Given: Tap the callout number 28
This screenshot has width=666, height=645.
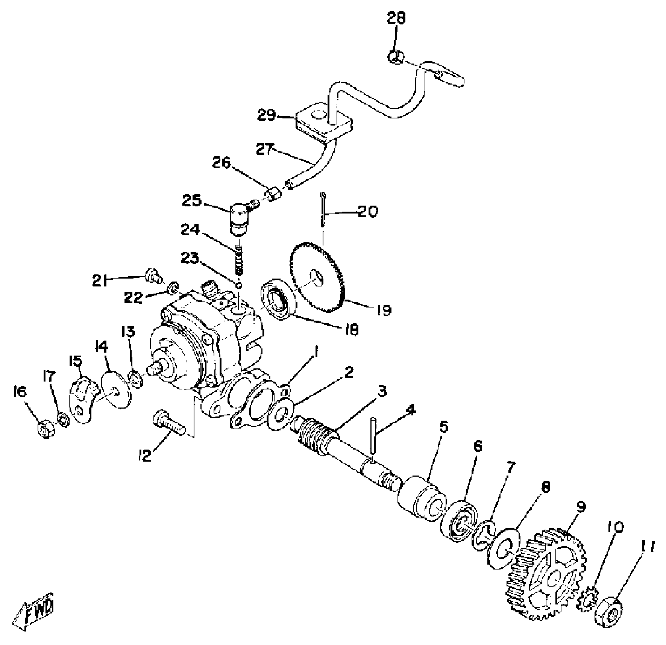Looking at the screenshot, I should pyautogui.click(x=396, y=18).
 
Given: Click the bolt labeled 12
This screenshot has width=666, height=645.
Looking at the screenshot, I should pyautogui.click(x=169, y=422).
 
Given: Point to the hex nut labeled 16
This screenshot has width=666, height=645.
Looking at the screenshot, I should pyautogui.click(x=46, y=430).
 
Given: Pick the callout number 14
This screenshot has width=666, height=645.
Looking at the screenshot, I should pyautogui.click(x=102, y=346).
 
